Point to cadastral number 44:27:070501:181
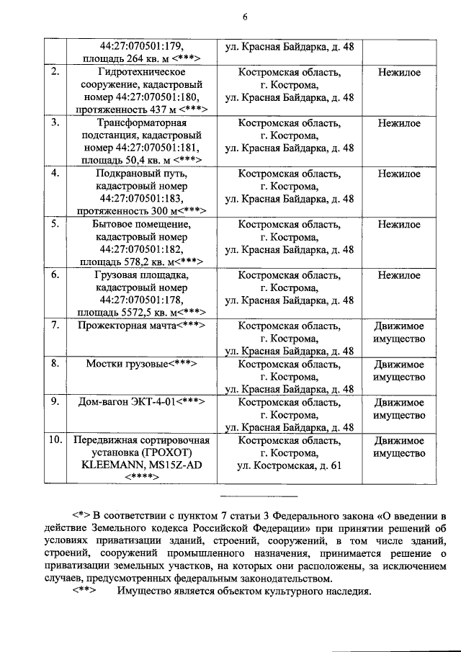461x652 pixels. coord(158,148)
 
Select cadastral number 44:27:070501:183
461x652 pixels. coord(141,199)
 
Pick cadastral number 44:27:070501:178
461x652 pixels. coord(141,300)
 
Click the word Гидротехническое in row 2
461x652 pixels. coord(141,73)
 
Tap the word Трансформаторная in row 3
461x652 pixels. coord(141,123)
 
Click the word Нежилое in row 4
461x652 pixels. coord(399,174)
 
